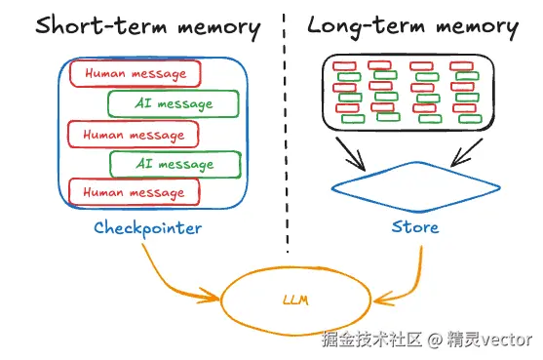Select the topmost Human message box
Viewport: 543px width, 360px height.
click(135, 73)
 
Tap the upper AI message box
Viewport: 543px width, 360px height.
click(173, 103)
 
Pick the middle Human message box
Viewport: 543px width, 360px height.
click(134, 134)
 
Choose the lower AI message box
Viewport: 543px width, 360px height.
click(174, 164)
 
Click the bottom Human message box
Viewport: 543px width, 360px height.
click(135, 193)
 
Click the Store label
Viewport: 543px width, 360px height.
click(414, 228)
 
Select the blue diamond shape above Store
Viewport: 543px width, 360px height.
click(413, 186)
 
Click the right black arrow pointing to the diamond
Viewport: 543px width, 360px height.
click(466, 152)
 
